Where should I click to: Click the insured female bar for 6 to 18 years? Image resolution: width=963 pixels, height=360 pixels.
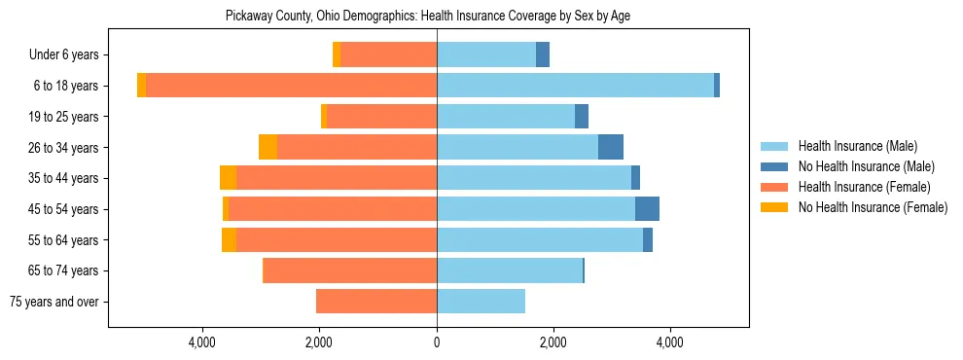(291, 86)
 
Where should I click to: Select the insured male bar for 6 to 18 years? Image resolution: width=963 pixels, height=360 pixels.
(575, 86)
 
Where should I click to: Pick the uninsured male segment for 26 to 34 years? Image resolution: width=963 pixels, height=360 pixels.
(610, 147)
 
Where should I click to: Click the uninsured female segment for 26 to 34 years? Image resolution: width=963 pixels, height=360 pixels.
(267, 147)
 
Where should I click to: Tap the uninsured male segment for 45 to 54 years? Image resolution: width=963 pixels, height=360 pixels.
(647, 209)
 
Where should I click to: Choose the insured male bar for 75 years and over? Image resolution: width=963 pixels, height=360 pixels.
(481, 302)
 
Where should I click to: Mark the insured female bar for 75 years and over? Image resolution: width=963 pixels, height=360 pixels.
(376, 302)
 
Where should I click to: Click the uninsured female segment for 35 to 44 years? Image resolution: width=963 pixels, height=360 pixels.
(228, 178)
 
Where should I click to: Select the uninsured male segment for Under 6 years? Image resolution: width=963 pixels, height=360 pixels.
(542, 55)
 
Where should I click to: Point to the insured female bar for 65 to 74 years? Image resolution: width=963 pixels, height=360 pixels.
(350, 270)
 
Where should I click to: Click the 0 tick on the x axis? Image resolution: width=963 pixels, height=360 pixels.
(437, 343)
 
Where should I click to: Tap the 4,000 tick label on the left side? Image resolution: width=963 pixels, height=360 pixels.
(202, 343)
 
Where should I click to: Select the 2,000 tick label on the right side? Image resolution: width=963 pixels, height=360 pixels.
(553, 343)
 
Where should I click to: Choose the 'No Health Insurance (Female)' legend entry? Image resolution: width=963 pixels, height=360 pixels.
(873, 207)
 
